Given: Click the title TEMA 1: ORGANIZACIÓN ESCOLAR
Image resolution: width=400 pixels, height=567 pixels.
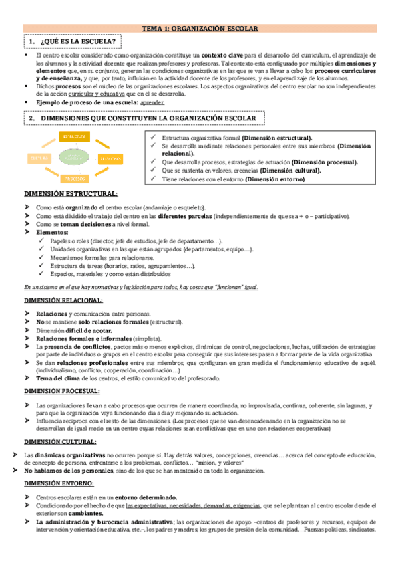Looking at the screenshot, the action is point(200,29).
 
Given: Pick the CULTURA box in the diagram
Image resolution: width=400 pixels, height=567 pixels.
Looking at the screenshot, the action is point(37,158).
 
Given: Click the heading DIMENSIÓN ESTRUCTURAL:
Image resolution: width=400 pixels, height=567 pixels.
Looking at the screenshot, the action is point(70,194).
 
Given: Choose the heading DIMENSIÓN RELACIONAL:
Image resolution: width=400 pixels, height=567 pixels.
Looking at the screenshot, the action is point(63,300).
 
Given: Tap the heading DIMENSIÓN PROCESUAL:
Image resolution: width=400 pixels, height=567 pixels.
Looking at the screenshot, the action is point(61,390).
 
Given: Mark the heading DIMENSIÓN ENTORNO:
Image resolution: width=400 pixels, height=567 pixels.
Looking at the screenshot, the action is point(59,482).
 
